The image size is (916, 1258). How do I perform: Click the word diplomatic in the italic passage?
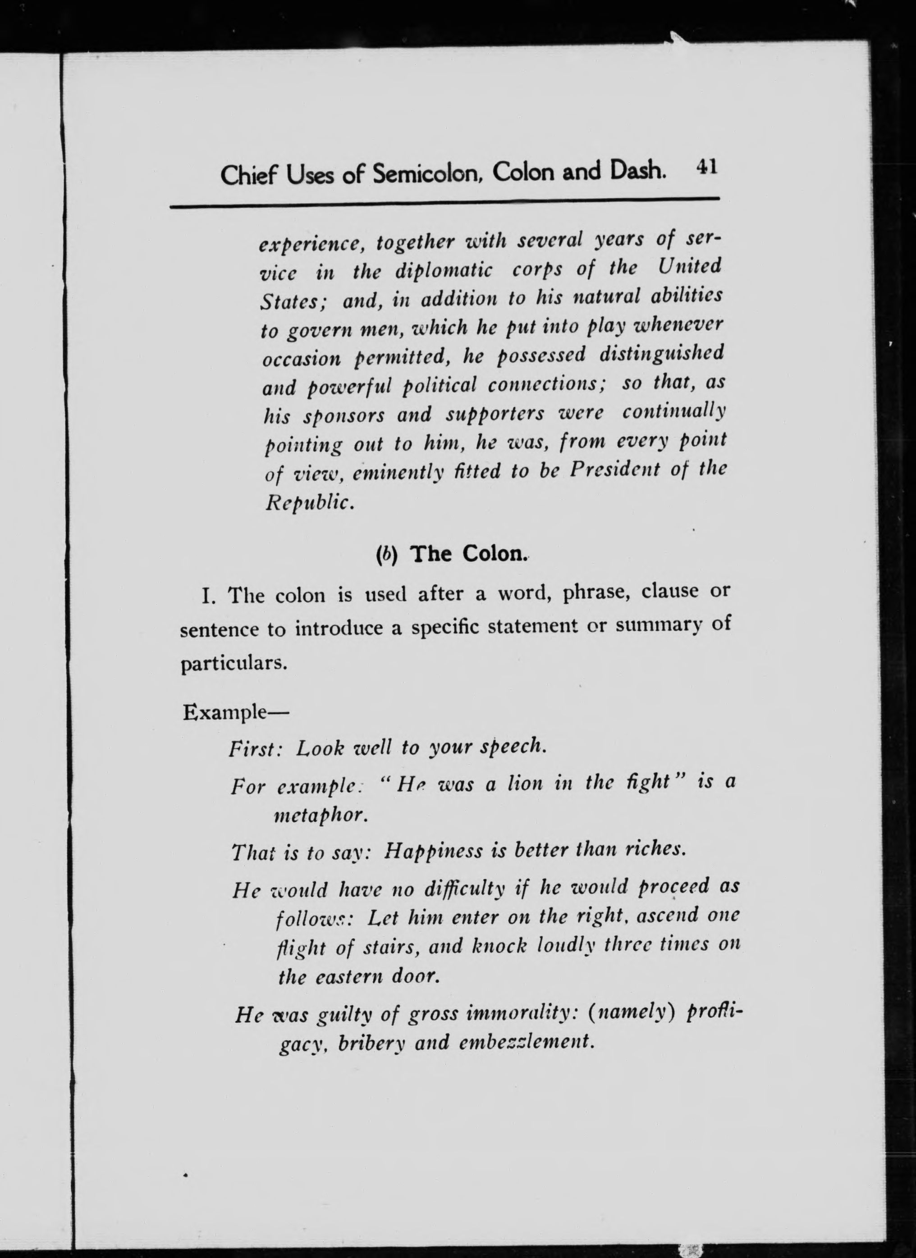tap(444, 271)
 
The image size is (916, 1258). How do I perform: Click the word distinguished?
tap(661, 354)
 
